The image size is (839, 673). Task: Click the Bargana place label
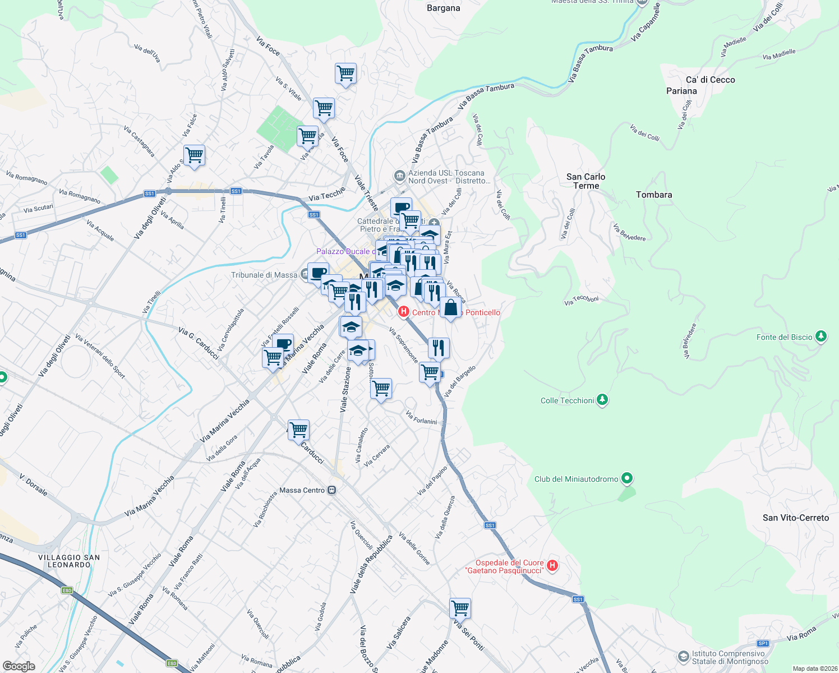point(443,8)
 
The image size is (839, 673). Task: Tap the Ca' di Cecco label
point(710,80)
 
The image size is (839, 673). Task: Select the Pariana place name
point(681,91)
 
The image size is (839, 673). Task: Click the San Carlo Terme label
point(586,181)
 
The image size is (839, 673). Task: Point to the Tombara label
point(654,195)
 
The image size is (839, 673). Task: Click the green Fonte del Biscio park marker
point(821,336)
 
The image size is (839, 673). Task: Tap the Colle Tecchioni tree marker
point(602,400)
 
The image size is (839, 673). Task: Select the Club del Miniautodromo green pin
point(627,478)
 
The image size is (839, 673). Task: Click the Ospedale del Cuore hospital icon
point(552,565)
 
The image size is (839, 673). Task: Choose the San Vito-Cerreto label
point(795,518)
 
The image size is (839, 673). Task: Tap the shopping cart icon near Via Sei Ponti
point(460,607)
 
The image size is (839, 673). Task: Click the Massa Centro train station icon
point(332,490)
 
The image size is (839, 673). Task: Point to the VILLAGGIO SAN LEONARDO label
point(69,561)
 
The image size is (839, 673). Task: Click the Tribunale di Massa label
point(264,275)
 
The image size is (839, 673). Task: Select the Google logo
point(19,666)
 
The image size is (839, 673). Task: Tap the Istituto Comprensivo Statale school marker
point(683,656)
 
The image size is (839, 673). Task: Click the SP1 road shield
point(763,643)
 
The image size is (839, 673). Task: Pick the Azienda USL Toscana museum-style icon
point(399,177)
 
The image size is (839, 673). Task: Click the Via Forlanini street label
point(421,418)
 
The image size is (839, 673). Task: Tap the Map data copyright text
point(815,669)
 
